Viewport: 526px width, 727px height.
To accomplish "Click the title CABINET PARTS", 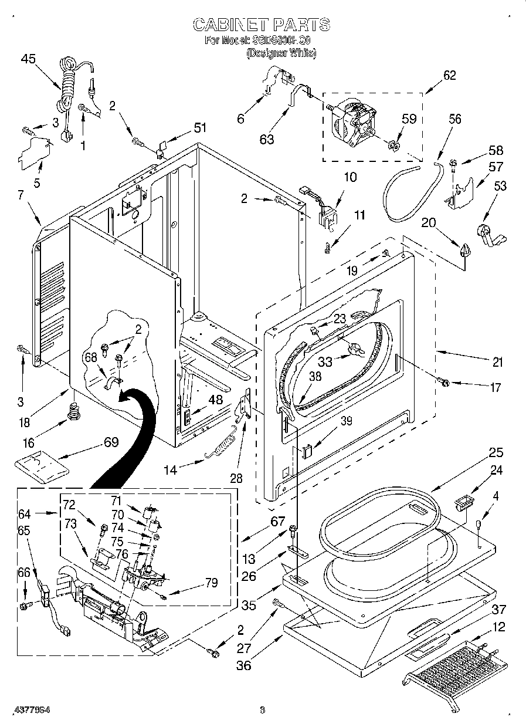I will pyautogui.click(x=262, y=24).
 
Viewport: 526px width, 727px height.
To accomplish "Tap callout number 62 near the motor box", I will pyautogui.click(x=449, y=75).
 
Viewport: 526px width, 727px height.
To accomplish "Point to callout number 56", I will pyautogui.click(x=455, y=119).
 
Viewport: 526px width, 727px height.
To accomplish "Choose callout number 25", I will pyautogui.click(x=496, y=453).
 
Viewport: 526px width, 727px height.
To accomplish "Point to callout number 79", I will pyautogui.click(x=211, y=583).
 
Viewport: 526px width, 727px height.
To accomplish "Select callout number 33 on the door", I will pyautogui.click(x=325, y=361).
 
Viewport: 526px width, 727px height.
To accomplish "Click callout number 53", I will pyautogui.click(x=500, y=187).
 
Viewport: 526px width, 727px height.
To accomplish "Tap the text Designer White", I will pyautogui.click(x=281, y=53).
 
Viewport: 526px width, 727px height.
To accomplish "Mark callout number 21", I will pyautogui.click(x=497, y=362).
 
